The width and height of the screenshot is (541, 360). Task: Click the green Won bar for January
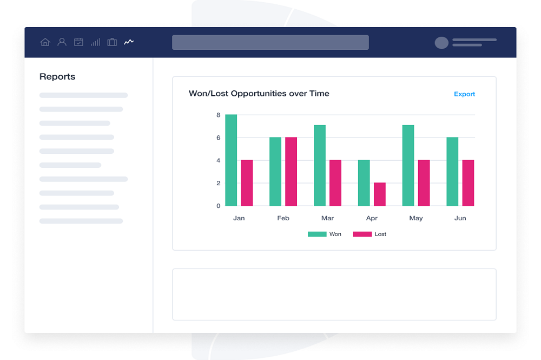click(x=231, y=160)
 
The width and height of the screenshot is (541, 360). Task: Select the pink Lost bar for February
click(x=291, y=172)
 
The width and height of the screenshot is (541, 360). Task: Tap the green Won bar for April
click(x=364, y=183)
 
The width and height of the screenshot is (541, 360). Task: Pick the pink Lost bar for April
click(x=380, y=194)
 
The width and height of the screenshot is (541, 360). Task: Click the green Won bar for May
click(x=408, y=166)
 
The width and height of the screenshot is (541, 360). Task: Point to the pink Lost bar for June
click(x=469, y=183)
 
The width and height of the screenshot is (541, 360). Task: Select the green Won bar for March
click(x=320, y=166)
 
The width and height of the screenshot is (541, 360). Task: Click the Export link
click(x=464, y=94)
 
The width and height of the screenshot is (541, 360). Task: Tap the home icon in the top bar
click(x=45, y=42)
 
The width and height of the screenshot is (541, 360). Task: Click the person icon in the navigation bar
click(x=62, y=42)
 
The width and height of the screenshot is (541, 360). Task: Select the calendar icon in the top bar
click(x=78, y=42)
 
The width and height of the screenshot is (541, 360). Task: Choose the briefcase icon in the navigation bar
click(x=112, y=42)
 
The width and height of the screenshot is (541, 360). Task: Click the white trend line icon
click(x=129, y=42)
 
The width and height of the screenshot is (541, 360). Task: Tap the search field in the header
click(x=270, y=42)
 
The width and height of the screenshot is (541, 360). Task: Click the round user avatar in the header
click(x=441, y=43)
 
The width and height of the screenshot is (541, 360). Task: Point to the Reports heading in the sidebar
click(x=57, y=77)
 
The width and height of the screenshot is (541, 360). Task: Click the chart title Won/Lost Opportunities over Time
click(x=259, y=94)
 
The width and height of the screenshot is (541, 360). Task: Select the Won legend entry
click(x=325, y=234)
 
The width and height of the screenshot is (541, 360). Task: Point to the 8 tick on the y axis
click(x=218, y=115)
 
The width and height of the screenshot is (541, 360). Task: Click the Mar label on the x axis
click(x=327, y=218)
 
